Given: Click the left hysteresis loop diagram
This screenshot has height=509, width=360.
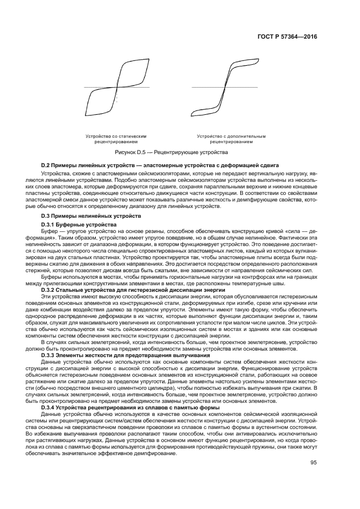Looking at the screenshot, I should [117, 87].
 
